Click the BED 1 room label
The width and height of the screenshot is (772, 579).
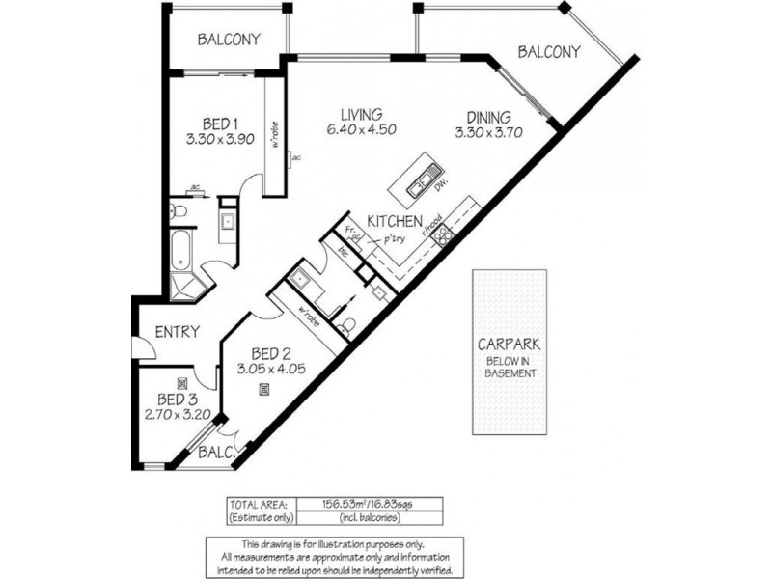221,124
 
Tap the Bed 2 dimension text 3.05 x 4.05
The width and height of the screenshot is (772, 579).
270,368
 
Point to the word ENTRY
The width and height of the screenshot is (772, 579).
177,332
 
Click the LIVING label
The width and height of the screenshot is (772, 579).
360,114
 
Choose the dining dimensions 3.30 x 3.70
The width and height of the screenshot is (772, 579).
488,134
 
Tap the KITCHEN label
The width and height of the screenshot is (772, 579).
393,221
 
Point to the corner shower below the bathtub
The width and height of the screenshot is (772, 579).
183,285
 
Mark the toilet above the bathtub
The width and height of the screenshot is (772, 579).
179,210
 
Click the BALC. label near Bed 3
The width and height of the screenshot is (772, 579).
215,452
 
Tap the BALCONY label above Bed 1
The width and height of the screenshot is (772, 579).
229,40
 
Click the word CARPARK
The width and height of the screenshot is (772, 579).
507,344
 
